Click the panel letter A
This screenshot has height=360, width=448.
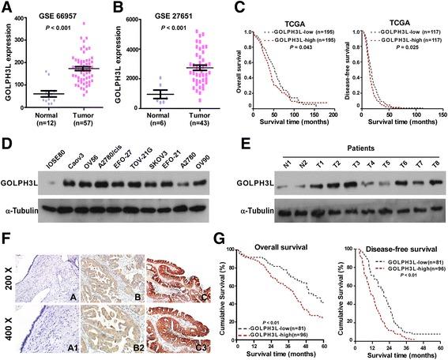click(x=8, y=7)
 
